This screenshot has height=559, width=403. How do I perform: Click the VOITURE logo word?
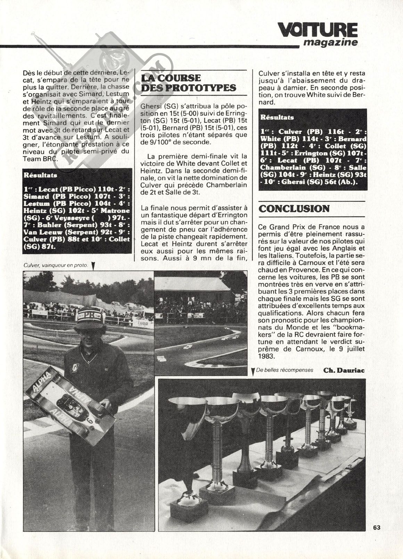(x=318, y=31)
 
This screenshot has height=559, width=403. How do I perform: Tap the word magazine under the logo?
(x=330, y=43)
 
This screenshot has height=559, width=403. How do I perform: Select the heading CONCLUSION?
(x=294, y=208)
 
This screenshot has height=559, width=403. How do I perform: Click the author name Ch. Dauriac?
(x=344, y=370)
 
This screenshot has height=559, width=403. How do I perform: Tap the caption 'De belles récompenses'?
(x=285, y=370)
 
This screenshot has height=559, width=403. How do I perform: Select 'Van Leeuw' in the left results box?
(x=39, y=232)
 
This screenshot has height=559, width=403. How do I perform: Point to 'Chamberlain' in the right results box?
(x=281, y=167)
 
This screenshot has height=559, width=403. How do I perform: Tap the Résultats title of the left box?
(x=40, y=175)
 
